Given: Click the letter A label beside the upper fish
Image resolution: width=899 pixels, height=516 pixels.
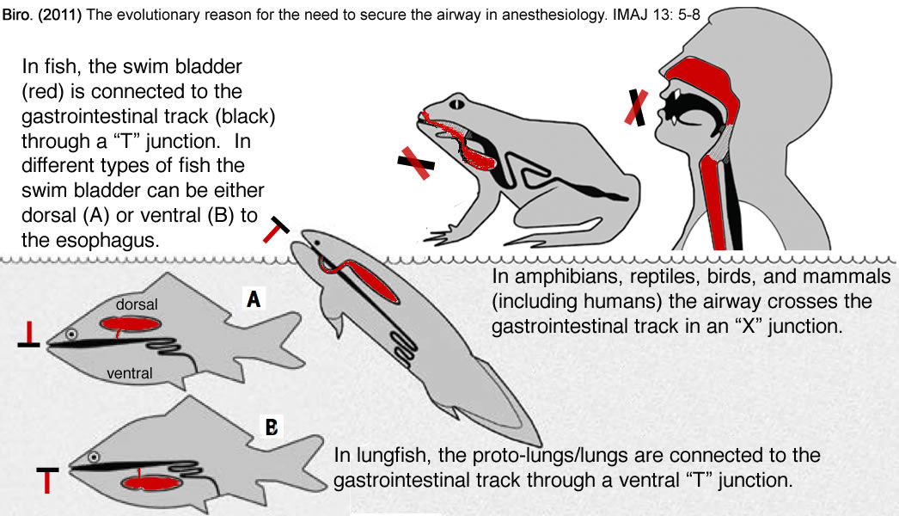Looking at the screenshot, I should (254, 300).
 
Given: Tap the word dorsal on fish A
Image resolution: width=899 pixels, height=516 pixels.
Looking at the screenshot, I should (138, 304).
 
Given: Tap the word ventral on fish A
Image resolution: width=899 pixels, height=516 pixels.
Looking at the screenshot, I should (130, 373).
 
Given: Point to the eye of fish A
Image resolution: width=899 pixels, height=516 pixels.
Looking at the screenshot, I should (73, 334).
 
